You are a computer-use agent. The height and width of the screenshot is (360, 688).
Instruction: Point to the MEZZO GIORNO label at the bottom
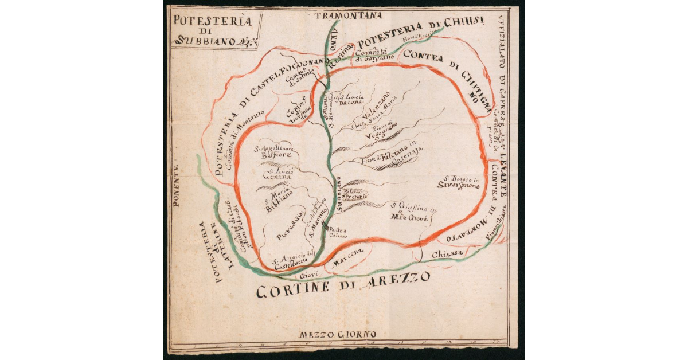click(338, 334)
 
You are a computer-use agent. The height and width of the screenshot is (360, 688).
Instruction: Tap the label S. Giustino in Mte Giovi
click(414, 212)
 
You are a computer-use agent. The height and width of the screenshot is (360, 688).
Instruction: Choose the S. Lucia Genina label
click(277, 174)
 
